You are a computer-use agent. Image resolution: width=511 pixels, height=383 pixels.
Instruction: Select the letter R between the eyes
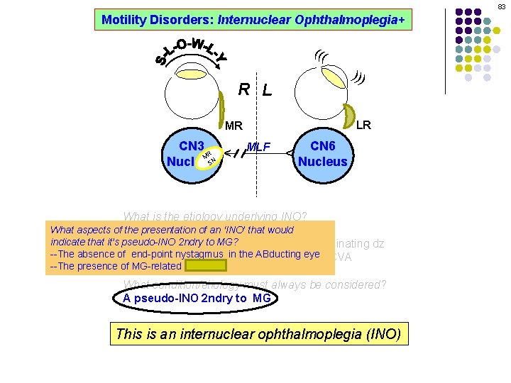point(243,89)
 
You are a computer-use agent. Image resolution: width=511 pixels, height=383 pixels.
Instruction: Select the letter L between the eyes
point(266,90)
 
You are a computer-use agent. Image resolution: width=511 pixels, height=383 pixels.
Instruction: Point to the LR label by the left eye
point(363,125)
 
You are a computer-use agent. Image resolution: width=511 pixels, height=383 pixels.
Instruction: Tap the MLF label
point(260,148)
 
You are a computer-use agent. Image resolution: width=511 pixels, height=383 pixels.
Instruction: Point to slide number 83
point(501,6)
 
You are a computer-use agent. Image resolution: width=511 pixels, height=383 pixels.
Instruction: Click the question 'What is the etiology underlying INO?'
point(215,217)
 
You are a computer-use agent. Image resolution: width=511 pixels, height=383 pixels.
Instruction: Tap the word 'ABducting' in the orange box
point(279,254)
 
